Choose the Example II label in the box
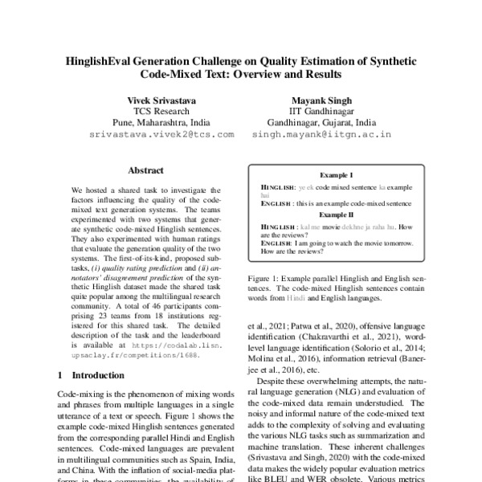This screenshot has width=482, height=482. tap(337, 215)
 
